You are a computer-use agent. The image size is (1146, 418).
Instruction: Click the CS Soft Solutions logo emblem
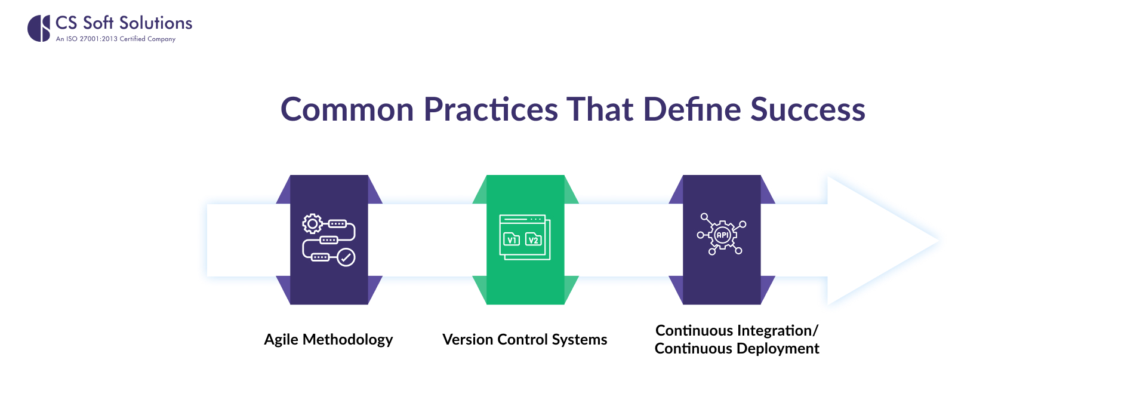[x=39, y=28]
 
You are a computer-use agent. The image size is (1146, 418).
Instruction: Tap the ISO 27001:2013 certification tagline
[x=115, y=39]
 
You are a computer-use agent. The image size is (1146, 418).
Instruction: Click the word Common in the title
[x=347, y=110]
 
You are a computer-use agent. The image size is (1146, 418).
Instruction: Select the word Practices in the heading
[x=491, y=110]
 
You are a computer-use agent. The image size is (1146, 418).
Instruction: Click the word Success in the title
[x=807, y=110]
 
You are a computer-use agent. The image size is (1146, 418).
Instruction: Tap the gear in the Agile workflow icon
[x=312, y=224]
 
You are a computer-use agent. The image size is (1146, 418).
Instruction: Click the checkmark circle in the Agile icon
[x=346, y=257]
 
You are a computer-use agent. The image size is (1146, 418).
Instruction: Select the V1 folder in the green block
[x=512, y=239]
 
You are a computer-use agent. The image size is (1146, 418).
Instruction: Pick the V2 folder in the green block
[x=534, y=239]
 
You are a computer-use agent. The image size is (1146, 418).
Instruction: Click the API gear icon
[x=722, y=235]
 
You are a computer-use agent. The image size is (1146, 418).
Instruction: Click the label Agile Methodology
[x=328, y=340]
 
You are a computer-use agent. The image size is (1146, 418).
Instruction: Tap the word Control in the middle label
[x=522, y=340]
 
